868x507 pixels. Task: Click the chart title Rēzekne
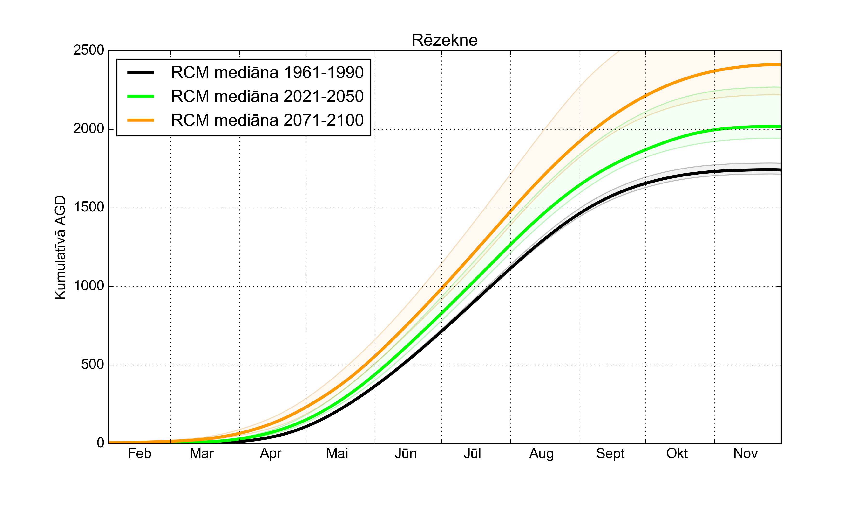point(444,40)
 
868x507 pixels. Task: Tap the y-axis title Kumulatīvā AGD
point(60,247)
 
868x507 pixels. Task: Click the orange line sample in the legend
point(141,120)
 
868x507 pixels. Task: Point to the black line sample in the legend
point(141,72)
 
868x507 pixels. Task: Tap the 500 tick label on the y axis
point(92,365)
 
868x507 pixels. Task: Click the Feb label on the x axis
point(140,454)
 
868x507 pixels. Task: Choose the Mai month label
point(337,454)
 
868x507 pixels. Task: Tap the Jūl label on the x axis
point(472,454)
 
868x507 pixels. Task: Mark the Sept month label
point(610,454)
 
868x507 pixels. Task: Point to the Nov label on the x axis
point(745,454)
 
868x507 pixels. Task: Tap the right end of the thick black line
point(780,170)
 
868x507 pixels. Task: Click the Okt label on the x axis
point(677,454)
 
